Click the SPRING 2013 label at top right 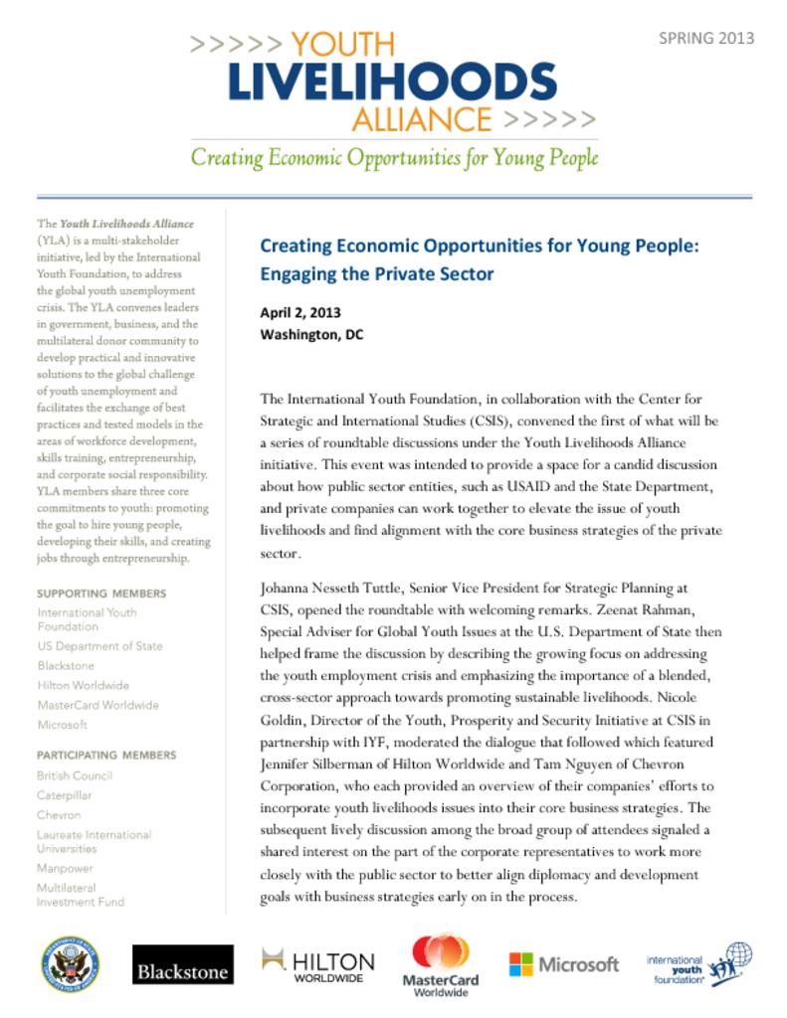706,39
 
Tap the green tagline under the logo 394,158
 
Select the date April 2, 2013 300,313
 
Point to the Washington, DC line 311,335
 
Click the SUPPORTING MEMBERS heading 101,594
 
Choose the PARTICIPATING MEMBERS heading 106,755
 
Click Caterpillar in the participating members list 66,795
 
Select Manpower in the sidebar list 65,868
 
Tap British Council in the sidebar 75,775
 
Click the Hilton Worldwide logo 317,964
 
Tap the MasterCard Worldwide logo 445,964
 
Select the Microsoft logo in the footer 563,964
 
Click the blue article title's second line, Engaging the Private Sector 376,274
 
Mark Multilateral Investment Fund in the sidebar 81,895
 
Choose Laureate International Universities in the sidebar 94,842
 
